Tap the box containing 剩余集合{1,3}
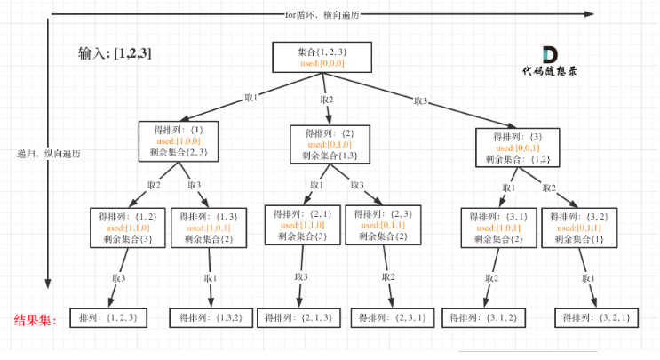coord(330,144)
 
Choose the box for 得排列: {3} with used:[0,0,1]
coord(518,148)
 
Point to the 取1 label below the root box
coord(251,97)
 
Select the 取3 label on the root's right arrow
coord(420,100)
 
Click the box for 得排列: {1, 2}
coord(128,228)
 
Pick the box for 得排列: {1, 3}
coord(209,228)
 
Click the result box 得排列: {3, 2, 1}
coord(596,317)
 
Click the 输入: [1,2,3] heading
coord(115,53)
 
